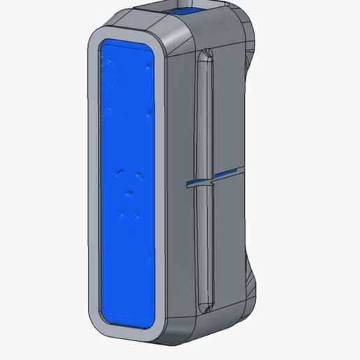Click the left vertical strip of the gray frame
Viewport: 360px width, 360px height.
coord(91,181)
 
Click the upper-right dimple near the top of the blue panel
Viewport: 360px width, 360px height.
coord(149,68)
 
